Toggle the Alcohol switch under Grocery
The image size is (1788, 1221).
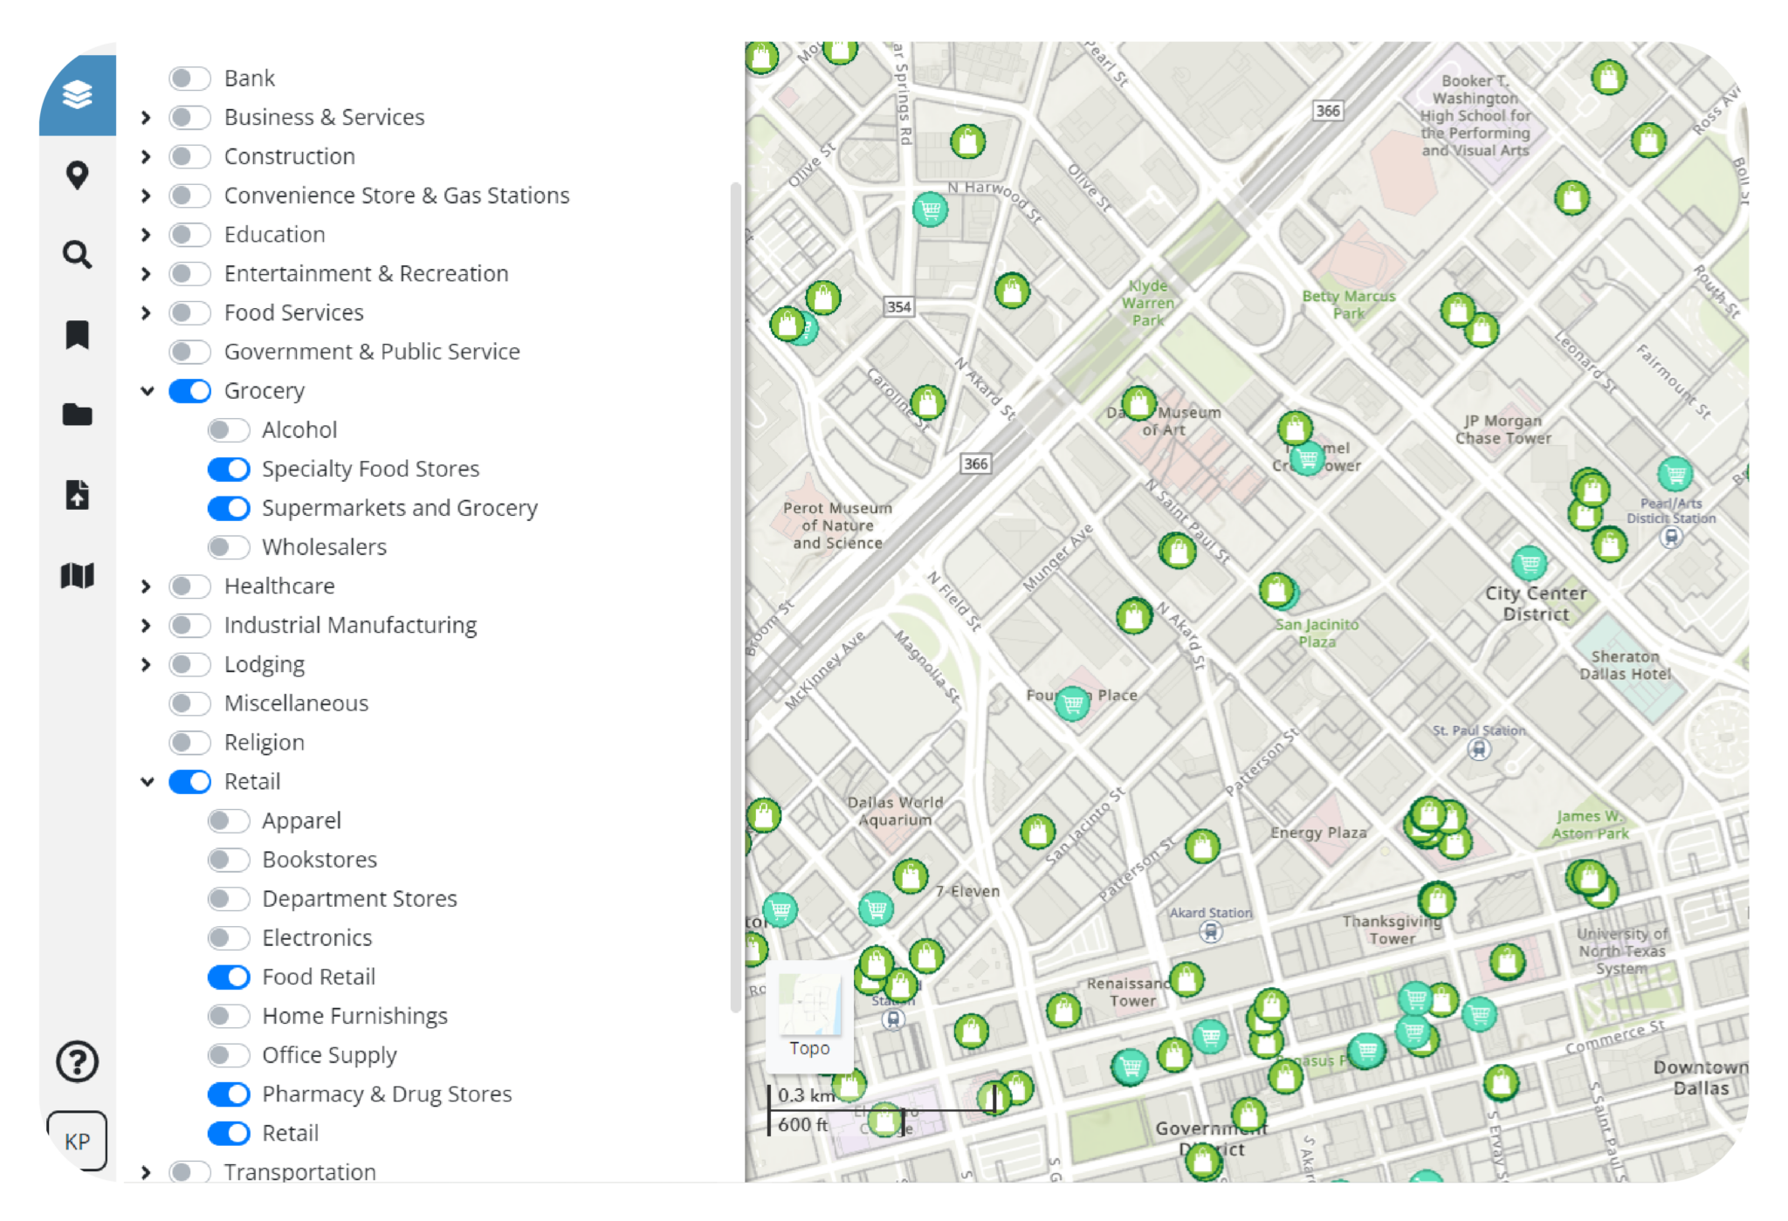coord(229,430)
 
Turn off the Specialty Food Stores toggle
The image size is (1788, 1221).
coord(229,470)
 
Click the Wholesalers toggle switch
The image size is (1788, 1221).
coord(229,547)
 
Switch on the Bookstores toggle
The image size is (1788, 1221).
coord(229,860)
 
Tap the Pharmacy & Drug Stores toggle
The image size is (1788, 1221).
coord(229,1094)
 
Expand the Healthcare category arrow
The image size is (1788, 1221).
coord(146,586)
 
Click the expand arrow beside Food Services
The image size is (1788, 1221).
coord(146,313)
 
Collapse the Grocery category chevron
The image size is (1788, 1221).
coord(147,391)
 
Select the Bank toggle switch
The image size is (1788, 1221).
coord(189,79)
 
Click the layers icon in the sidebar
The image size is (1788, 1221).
coord(78,94)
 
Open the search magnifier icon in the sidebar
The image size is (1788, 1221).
coord(78,255)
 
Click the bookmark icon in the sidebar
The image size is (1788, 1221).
coord(78,334)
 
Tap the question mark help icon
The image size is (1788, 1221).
coord(78,1062)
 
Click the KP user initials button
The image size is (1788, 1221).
coord(77,1141)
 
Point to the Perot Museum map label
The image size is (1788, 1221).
coord(837,525)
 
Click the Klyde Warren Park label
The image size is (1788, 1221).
coord(1148,303)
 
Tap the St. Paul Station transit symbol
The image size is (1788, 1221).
coord(1479,749)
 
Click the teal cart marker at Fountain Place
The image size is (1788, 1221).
coord(1073,703)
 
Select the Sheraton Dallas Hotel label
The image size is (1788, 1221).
coord(1625,665)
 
